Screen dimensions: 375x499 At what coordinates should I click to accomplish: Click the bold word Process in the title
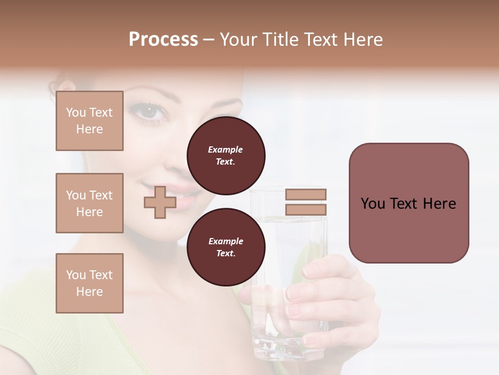pos(163,40)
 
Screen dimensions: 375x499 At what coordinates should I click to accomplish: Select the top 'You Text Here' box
pos(89,121)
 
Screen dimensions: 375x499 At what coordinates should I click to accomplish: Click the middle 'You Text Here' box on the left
pos(89,203)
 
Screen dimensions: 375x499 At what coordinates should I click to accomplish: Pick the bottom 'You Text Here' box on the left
pos(89,283)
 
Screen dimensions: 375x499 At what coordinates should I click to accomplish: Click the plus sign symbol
pos(160,202)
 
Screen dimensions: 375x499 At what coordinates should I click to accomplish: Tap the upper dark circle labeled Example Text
pos(226,155)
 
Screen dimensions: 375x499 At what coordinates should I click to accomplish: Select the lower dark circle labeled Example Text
pos(226,247)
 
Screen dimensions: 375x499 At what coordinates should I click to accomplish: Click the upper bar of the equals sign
pos(306,194)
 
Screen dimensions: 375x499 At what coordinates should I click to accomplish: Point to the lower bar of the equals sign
pos(306,209)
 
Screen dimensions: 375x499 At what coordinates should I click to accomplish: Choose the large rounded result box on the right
pos(409,203)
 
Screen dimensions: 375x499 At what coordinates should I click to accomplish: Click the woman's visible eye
pos(149,111)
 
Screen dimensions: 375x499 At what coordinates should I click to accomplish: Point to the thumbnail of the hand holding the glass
pos(310,269)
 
